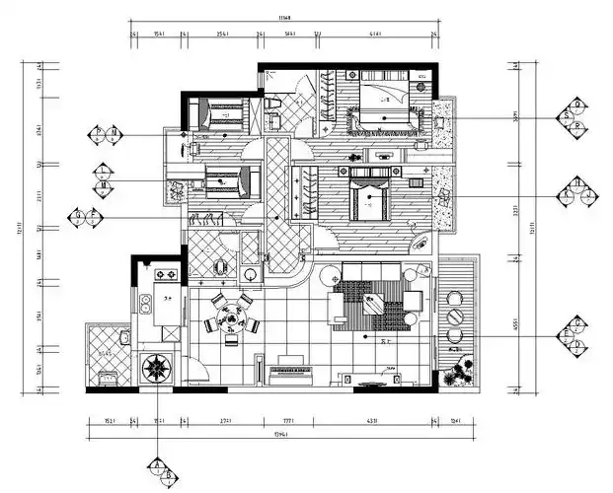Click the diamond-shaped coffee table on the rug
click(x=376, y=304)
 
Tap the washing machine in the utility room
click(x=105, y=376)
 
